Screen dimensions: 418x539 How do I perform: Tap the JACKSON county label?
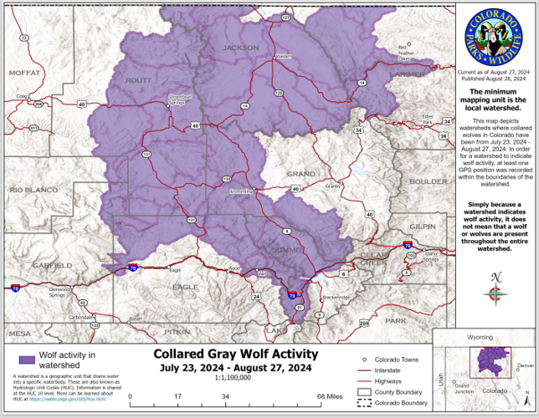click(240, 48)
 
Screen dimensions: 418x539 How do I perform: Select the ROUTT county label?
click(138, 80)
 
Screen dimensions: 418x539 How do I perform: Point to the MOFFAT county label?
click(25, 73)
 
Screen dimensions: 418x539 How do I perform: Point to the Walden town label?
click(282, 56)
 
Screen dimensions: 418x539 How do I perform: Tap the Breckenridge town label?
click(337, 297)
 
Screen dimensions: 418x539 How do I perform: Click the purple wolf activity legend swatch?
click(27, 359)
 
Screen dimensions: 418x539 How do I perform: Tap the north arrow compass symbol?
click(496, 291)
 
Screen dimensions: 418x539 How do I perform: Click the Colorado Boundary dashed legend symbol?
click(364, 403)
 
